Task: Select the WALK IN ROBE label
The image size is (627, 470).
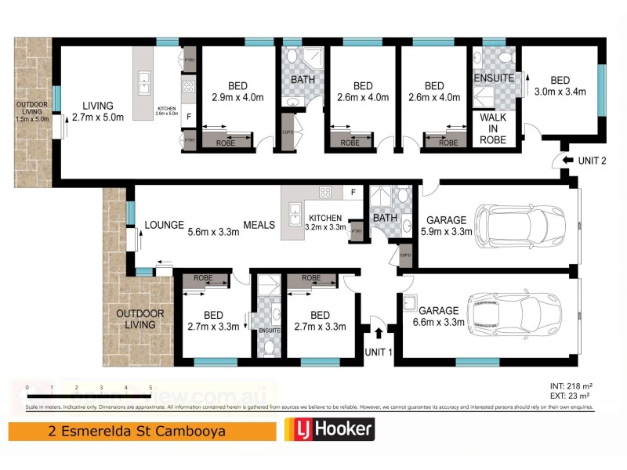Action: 494,128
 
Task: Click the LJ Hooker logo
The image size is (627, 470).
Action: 328,429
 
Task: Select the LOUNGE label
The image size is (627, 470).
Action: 164,225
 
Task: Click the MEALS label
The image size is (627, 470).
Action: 259,225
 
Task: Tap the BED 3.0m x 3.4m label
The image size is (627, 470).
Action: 560,86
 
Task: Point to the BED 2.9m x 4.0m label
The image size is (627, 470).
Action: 237,92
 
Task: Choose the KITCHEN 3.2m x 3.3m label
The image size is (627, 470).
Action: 324,222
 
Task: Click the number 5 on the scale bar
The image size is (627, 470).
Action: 150,388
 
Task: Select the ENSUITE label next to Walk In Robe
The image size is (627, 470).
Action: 494,78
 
